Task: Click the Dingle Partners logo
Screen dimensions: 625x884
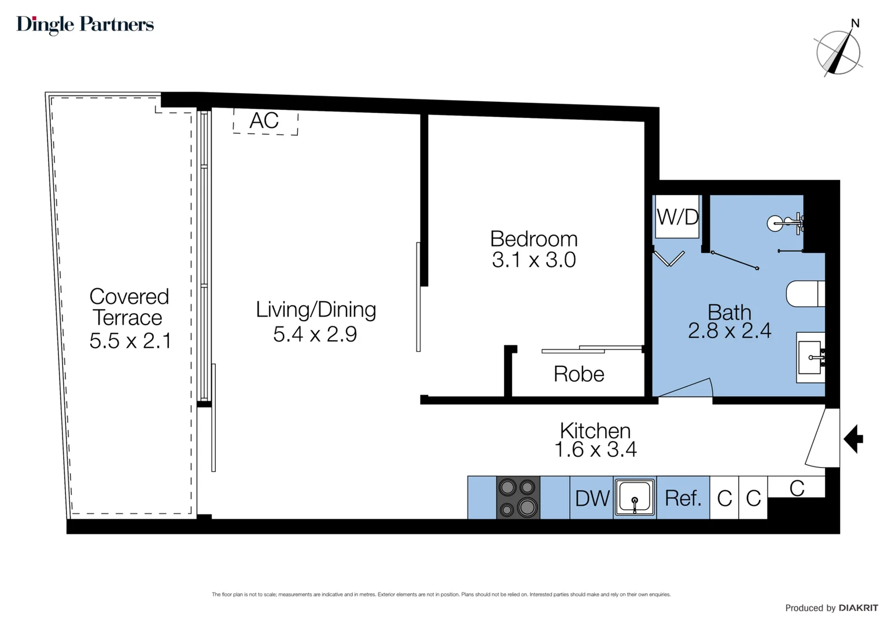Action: (85, 24)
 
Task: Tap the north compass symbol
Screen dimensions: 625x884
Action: (838, 52)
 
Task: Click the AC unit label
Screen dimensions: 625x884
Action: (264, 121)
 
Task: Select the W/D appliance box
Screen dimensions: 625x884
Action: (677, 217)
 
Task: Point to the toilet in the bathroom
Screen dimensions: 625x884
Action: (805, 293)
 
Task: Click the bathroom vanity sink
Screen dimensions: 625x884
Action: (810, 357)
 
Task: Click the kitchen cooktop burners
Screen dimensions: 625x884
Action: (518, 497)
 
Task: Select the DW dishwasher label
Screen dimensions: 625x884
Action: (592, 498)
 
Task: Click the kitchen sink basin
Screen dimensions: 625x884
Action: (635, 497)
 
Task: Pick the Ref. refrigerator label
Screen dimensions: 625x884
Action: (683, 498)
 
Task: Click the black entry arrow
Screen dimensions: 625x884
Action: (853, 439)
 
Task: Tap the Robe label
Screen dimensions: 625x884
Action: (579, 374)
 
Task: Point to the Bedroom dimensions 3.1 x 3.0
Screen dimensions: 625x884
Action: (533, 260)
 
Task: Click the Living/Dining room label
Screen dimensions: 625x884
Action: (316, 310)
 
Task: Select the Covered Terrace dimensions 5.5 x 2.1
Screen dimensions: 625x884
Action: (130, 341)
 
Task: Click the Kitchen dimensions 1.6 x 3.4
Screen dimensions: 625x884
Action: (595, 450)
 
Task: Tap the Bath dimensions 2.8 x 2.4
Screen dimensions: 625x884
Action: (729, 331)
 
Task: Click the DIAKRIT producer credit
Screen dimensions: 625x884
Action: (858, 608)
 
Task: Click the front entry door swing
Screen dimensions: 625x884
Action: (822, 438)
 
